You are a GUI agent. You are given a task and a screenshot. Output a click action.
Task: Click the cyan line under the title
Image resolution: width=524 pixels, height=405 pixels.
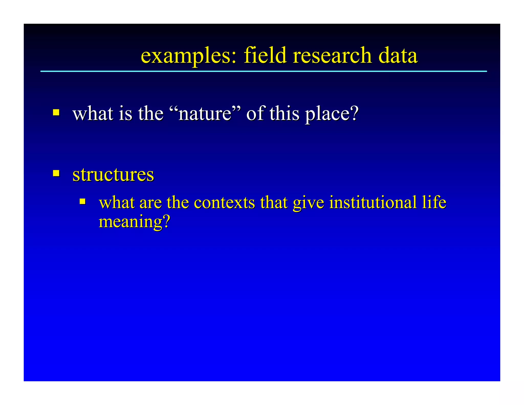point(264,71)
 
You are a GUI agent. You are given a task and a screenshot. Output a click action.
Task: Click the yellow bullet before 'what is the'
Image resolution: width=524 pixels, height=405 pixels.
point(56,112)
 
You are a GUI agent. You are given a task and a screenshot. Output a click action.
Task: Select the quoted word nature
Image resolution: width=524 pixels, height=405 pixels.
point(205,113)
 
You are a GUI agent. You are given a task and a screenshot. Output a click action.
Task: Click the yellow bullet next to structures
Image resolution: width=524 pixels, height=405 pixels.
point(56,173)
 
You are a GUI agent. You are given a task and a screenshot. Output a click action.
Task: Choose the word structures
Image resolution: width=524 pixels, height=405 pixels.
point(113,175)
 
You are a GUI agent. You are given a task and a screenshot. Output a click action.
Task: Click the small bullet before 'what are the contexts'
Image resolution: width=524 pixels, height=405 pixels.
point(82,201)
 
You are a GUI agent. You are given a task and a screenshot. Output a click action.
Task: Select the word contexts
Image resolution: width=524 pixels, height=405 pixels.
point(224,202)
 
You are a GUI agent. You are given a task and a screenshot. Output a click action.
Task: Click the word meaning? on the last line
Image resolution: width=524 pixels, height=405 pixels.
point(134,222)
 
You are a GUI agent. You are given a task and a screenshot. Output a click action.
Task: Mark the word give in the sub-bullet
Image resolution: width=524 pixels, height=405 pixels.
point(308,203)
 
